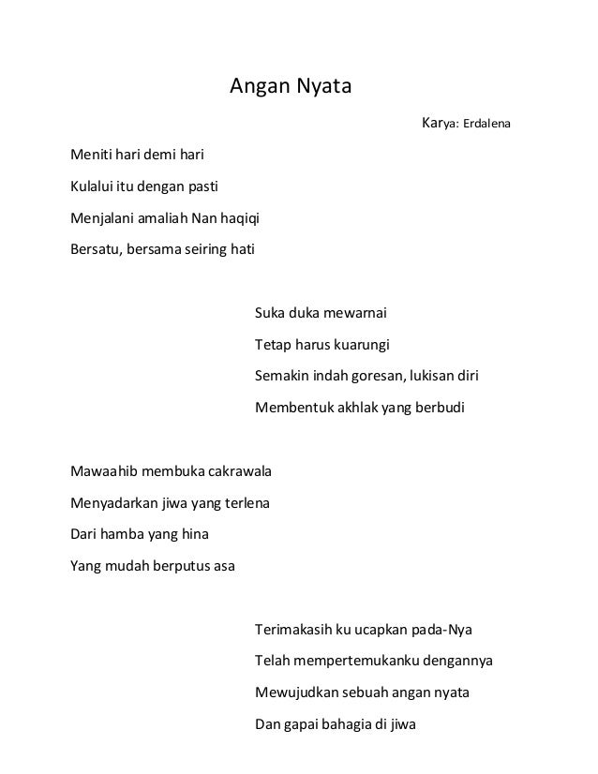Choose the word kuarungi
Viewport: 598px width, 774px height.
click(x=361, y=345)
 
